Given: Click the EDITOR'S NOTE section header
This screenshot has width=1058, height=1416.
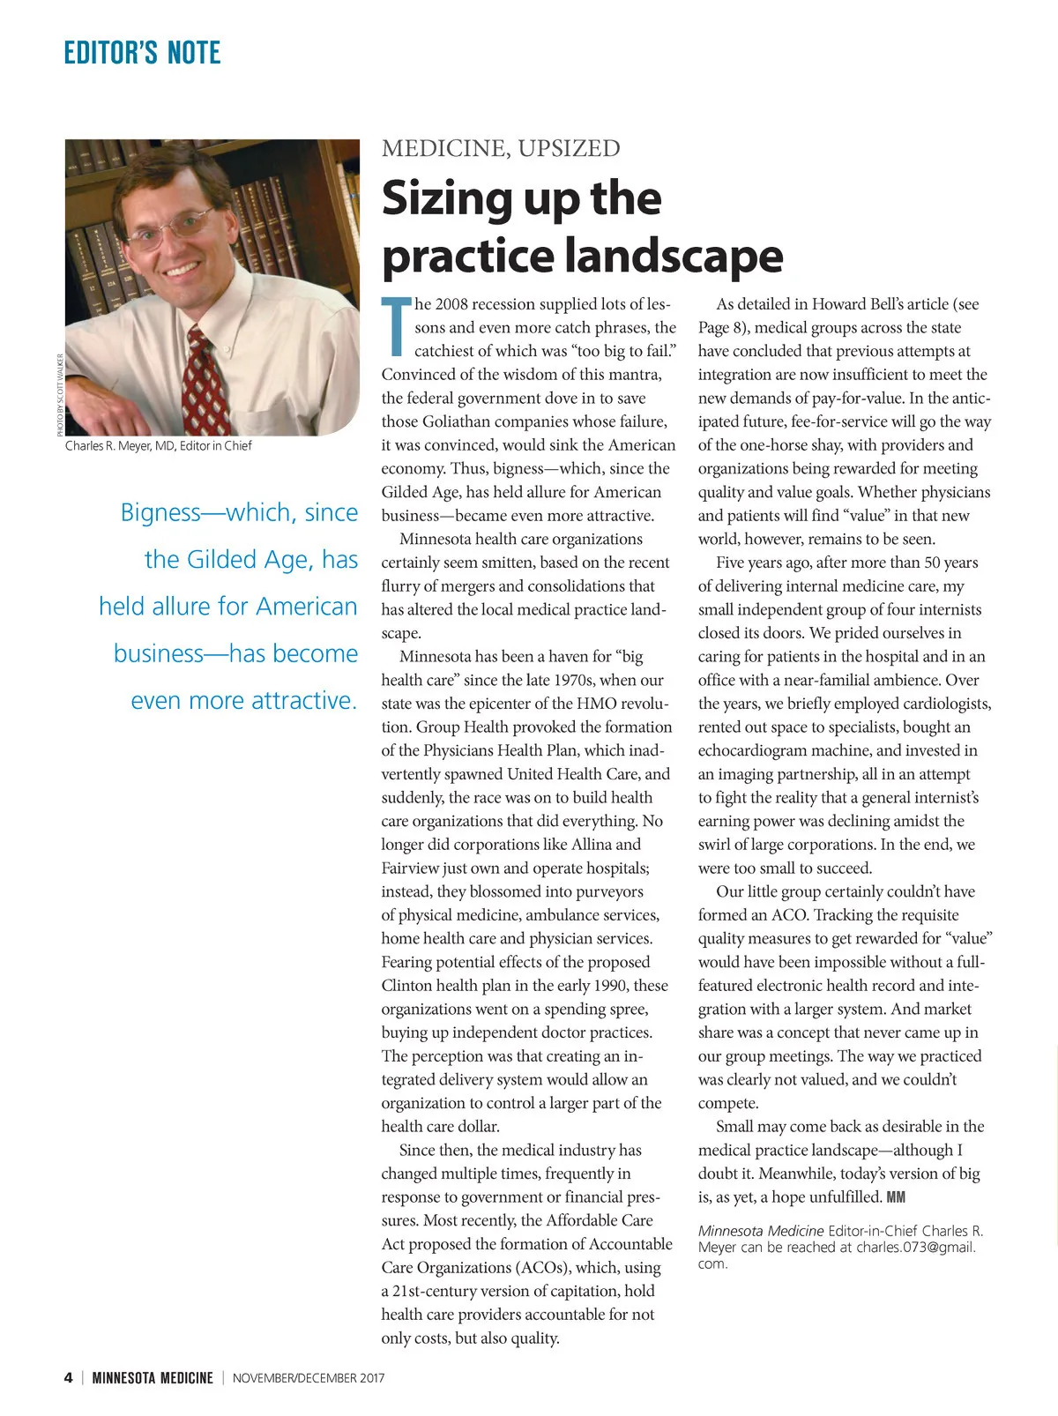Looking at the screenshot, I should (142, 53).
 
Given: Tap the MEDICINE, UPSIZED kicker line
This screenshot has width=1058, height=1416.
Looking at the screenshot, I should (501, 148).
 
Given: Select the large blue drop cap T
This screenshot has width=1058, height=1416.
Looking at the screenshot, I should (397, 327).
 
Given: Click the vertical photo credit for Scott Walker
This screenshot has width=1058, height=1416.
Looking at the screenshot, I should (60, 394).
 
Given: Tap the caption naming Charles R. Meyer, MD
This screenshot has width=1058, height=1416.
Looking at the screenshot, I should (159, 446).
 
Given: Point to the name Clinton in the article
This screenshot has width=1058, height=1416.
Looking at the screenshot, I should (410, 986).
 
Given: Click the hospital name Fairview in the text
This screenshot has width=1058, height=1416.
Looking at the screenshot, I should (410, 868).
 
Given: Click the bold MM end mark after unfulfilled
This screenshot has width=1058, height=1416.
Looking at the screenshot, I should (896, 1197).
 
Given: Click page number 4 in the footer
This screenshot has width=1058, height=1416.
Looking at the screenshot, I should (69, 1377).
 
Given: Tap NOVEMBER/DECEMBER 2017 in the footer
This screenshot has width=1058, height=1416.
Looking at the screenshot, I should (309, 1378).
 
